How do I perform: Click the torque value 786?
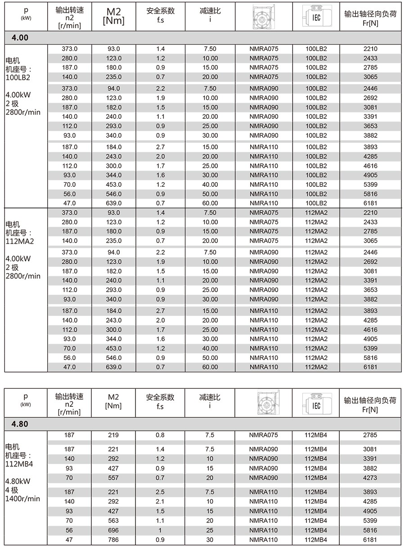pos(113,540)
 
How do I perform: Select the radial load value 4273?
pos(370,477)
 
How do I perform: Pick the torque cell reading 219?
pos(113,435)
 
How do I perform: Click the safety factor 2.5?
pos(160,492)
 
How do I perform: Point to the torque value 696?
pos(113,530)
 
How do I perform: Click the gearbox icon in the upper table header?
pos(263,16)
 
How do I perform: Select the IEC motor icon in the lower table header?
pos(316,403)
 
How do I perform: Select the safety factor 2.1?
pos(160,501)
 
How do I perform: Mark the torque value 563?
pos(113,521)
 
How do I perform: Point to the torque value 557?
pos(113,477)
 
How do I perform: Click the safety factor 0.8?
pos(160,435)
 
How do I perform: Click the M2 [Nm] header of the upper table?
pos(113,16)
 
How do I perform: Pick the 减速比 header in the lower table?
pos(210,397)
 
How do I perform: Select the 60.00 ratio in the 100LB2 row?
pos(210,203)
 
